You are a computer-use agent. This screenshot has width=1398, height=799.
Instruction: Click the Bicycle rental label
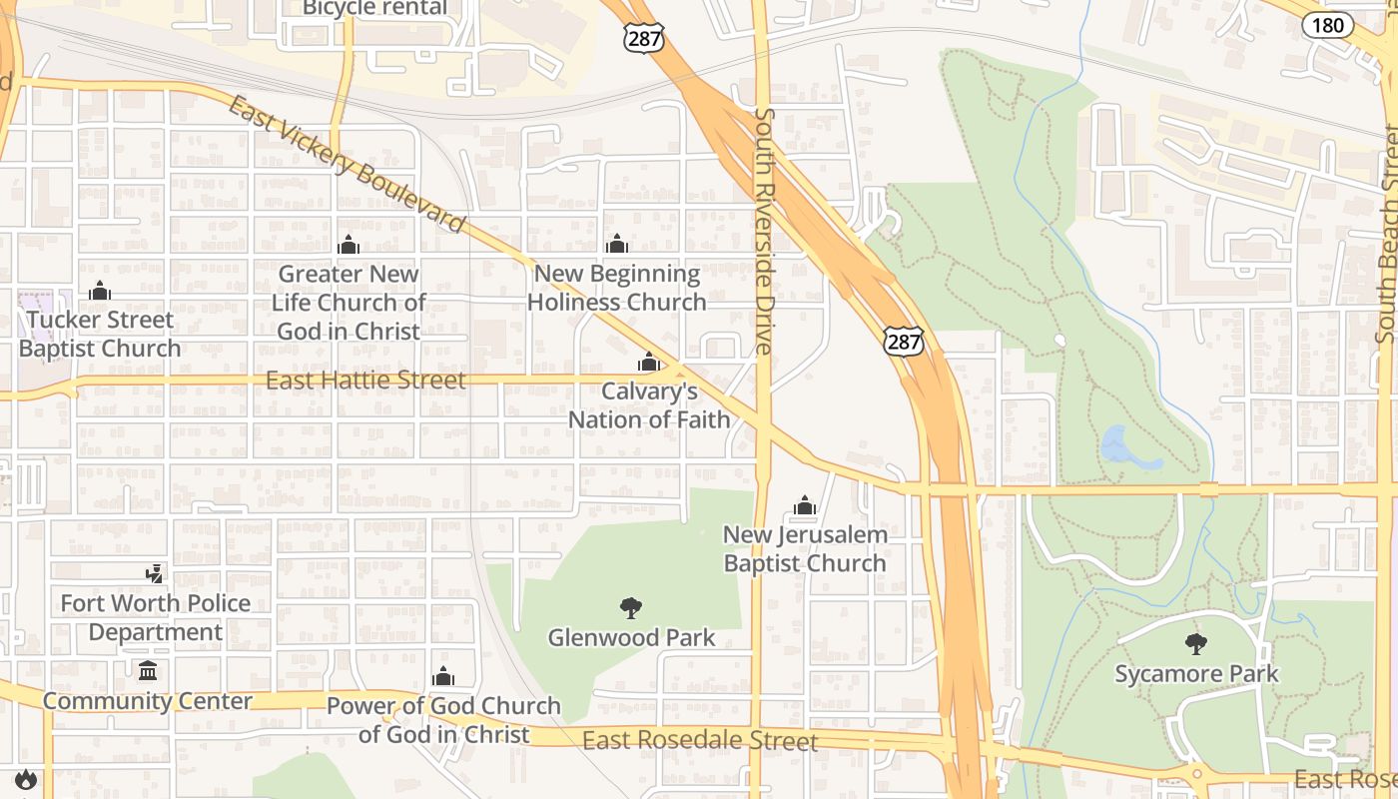[x=374, y=9]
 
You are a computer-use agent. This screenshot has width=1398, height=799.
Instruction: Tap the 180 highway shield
[x=1327, y=24]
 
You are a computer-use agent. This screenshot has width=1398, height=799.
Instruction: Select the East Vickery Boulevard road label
[x=347, y=164]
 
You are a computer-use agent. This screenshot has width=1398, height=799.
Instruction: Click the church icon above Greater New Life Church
[x=349, y=244]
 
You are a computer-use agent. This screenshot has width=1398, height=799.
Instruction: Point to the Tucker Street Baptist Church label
[x=100, y=335]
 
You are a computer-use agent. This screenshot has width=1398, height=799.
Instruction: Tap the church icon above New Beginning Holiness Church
[x=617, y=244]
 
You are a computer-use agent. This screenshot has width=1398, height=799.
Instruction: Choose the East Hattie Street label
[x=365, y=381]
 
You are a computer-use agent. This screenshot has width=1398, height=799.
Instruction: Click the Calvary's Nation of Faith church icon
[x=649, y=362]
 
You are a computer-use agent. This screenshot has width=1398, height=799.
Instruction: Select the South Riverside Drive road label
[x=764, y=231]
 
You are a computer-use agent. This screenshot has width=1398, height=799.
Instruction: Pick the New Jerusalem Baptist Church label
[x=805, y=549]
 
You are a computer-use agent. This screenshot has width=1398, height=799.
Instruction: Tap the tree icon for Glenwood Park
[x=631, y=607]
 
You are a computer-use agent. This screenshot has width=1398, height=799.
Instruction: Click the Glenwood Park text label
[x=631, y=637]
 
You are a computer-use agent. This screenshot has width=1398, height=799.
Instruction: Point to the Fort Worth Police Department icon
[x=155, y=573]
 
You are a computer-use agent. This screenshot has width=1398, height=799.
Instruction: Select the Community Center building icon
[x=149, y=670]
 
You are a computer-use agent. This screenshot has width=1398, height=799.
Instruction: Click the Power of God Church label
[x=443, y=720]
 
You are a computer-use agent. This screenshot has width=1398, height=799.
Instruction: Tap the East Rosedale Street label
[x=699, y=741]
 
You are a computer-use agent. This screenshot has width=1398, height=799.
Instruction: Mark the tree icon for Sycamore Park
[x=1195, y=643]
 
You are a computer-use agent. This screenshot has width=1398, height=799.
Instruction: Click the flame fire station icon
[x=25, y=778]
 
